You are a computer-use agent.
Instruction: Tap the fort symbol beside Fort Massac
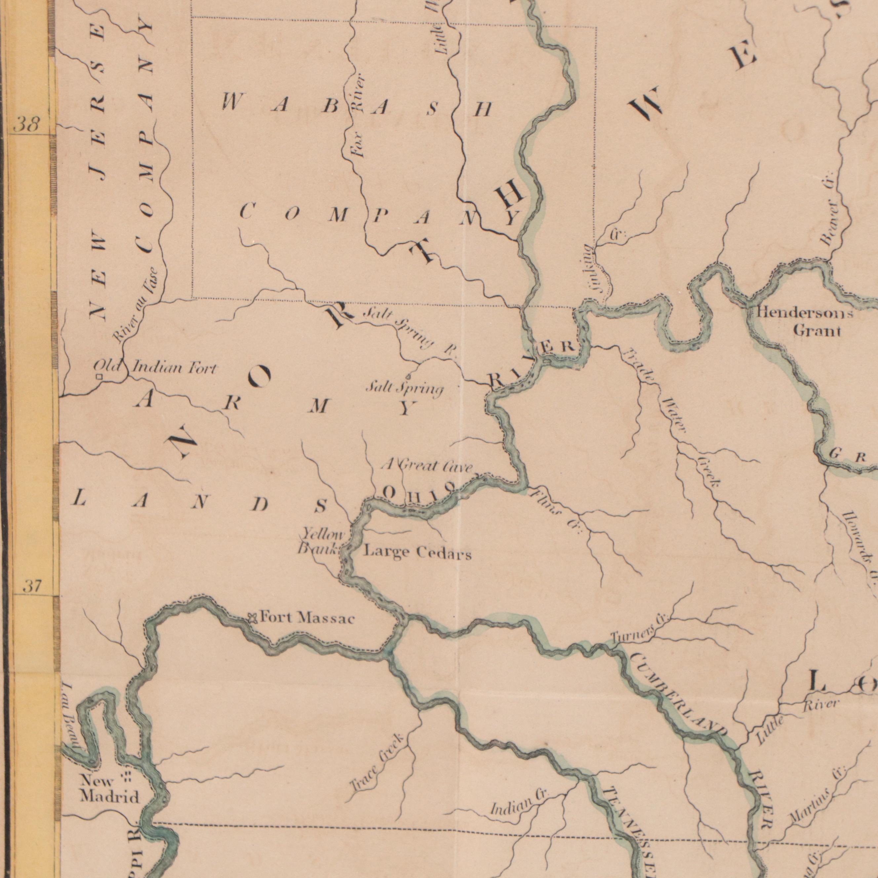(252, 618)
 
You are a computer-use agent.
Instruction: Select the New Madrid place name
(109, 789)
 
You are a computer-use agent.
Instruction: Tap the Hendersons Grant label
(804, 321)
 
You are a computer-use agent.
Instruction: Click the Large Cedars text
(418, 553)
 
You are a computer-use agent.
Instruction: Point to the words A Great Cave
(427, 466)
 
